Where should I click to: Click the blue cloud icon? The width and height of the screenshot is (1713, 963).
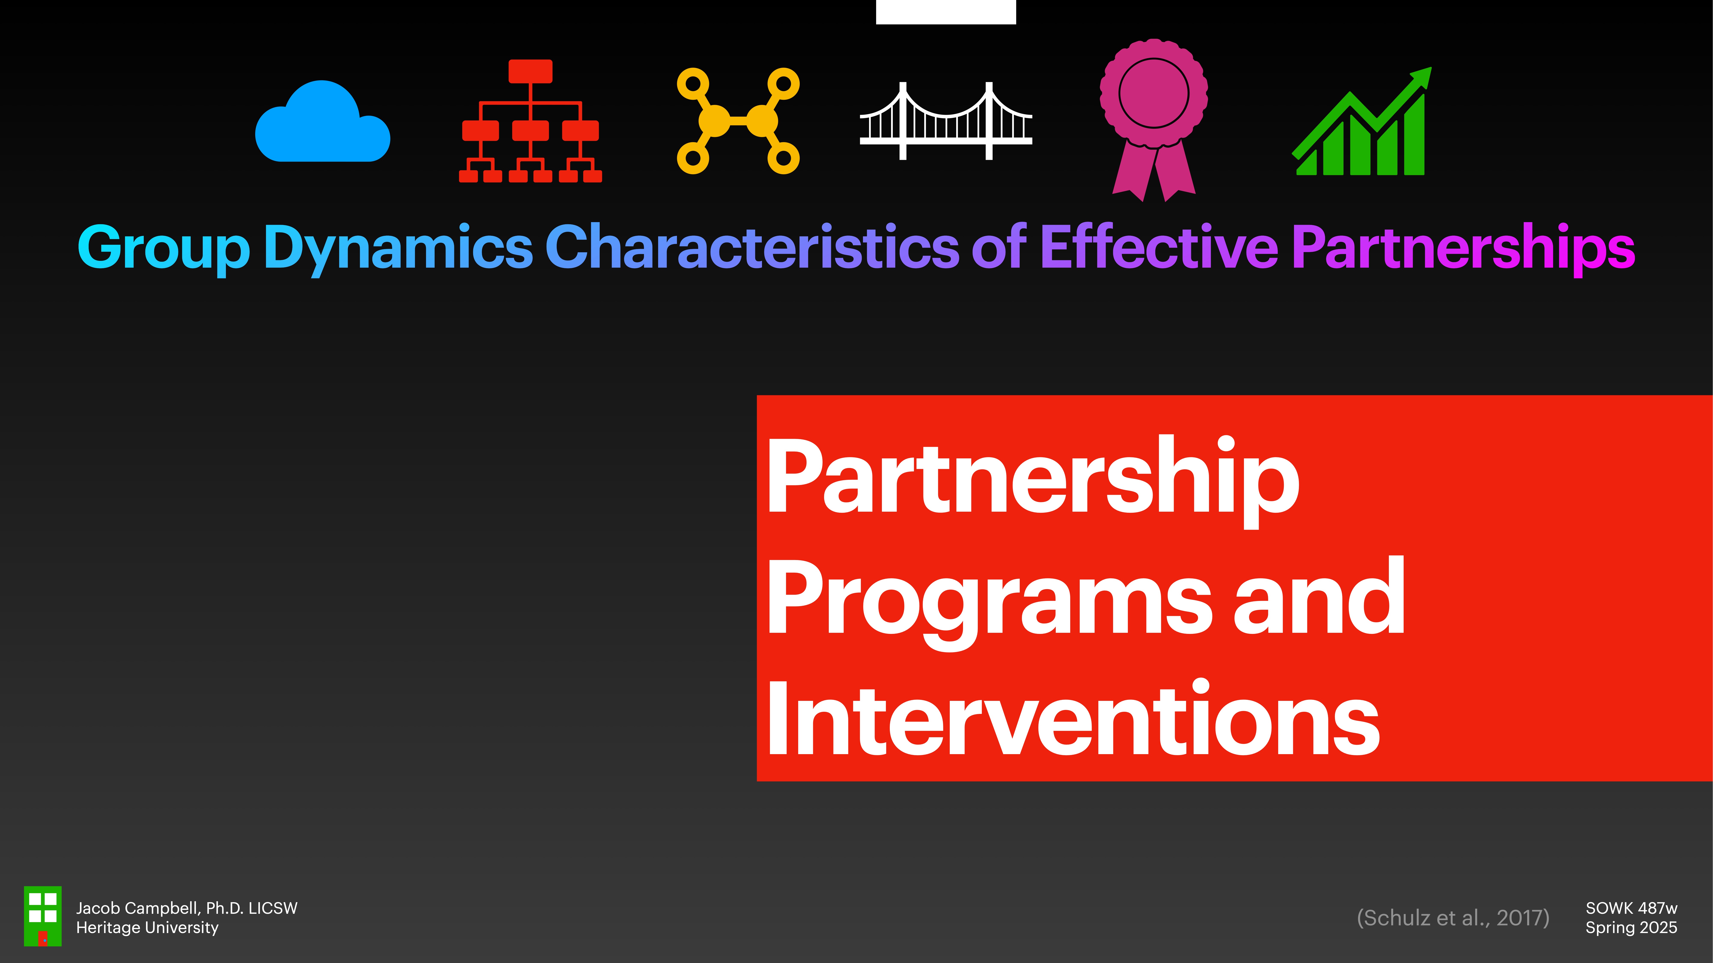pyautogui.click(x=322, y=123)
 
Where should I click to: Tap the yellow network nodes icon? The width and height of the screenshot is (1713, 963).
pyautogui.click(x=738, y=121)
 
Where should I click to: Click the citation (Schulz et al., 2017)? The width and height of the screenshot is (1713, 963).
pyautogui.click(x=1453, y=918)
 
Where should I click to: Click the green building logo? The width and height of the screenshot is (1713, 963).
pyautogui.click(x=43, y=916)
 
